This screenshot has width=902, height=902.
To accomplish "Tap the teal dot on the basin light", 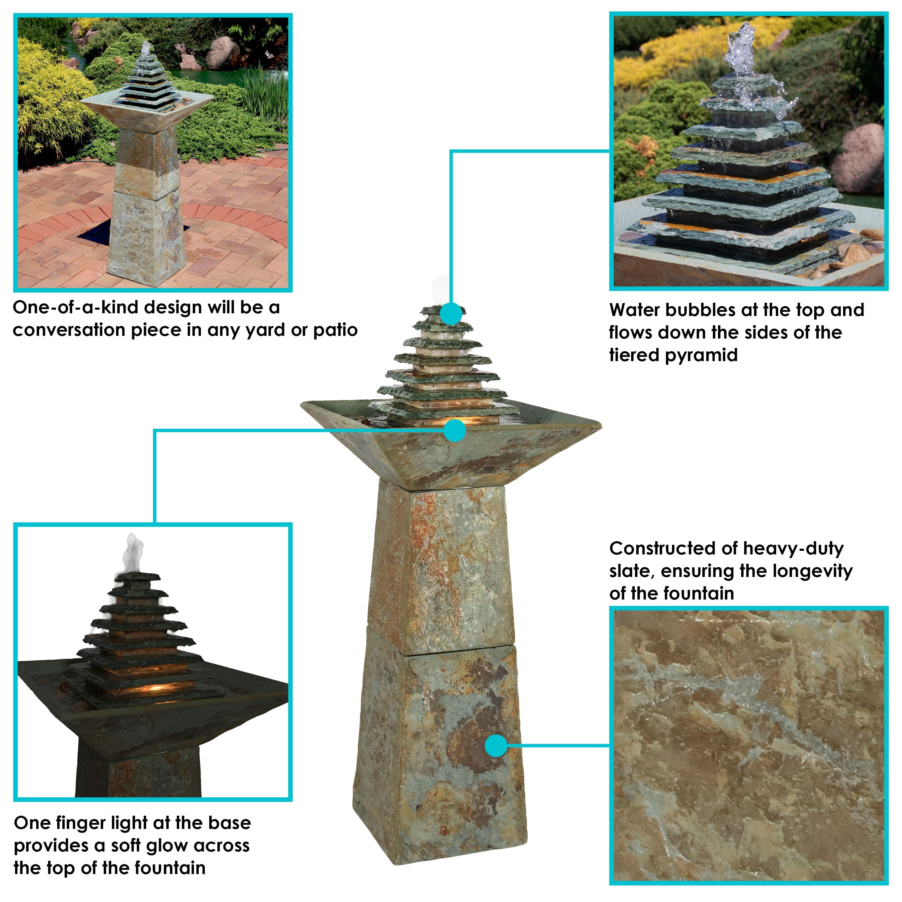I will coord(454,430).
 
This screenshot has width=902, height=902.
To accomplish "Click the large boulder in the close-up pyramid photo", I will coord(858,159).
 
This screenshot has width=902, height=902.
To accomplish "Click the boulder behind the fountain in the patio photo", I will coord(223,52).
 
